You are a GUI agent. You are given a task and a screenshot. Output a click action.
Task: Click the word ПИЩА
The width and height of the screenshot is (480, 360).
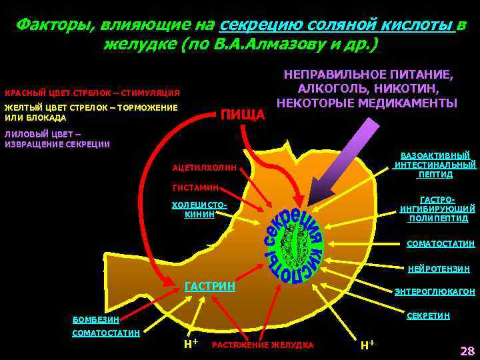coord(243,115)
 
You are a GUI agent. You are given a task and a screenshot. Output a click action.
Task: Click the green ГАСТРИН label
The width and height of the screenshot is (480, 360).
coord(209,286)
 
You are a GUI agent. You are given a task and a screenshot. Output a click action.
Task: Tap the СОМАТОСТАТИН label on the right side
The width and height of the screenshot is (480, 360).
coord(441,244)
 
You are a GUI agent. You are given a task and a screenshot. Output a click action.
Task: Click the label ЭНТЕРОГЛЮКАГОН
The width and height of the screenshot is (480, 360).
coord(435,292)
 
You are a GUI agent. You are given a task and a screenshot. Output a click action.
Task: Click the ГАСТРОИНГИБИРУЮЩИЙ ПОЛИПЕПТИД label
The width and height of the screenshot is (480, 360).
coord(438,209)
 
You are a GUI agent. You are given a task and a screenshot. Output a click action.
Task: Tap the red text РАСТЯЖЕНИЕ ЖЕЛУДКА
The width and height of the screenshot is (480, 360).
coord(263,345)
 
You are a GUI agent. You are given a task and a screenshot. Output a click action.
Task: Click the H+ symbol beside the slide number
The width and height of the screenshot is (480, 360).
coord(367,345)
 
